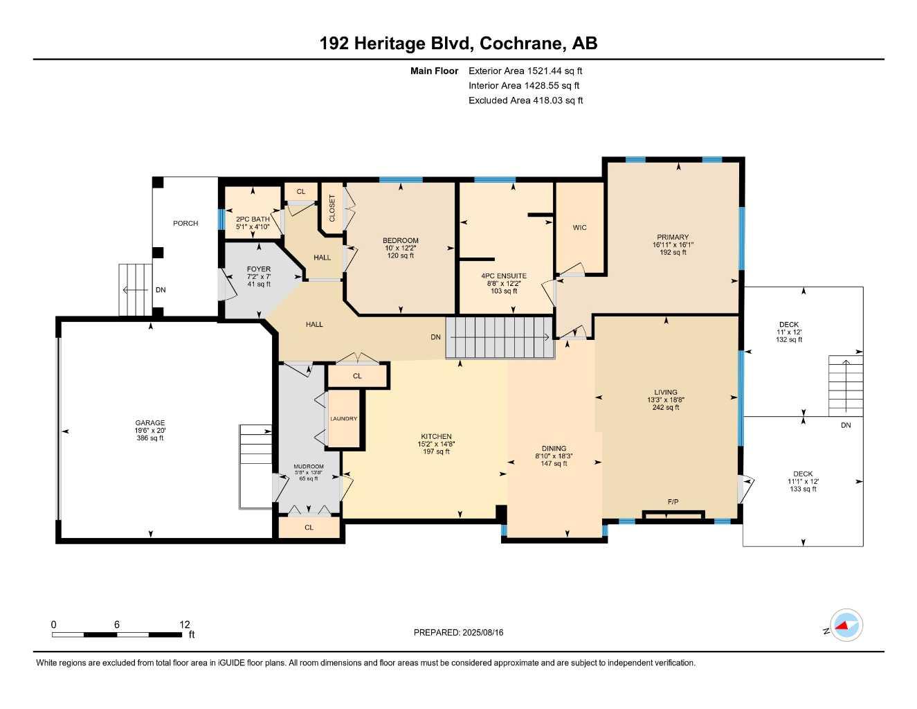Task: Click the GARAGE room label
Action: point(149,422)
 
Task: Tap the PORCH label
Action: point(185,223)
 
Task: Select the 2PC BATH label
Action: point(253,219)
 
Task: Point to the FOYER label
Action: point(259,269)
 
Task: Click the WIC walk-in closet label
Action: point(580,227)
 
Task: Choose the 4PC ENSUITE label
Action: point(504,276)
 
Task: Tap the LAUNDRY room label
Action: point(343,418)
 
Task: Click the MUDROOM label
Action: point(308,466)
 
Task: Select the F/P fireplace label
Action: point(673,501)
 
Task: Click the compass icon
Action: point(846,626)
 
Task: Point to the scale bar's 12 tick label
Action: point(185,625)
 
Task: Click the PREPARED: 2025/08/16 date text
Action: point(458,632)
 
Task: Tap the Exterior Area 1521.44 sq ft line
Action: point(525,71)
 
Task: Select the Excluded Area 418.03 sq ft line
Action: point(525,100)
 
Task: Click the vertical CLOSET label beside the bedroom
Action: point(332,208)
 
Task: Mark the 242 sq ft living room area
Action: point(666,407)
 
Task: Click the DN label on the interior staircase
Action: point(435,337)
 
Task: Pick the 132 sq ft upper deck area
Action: point(789,339)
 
